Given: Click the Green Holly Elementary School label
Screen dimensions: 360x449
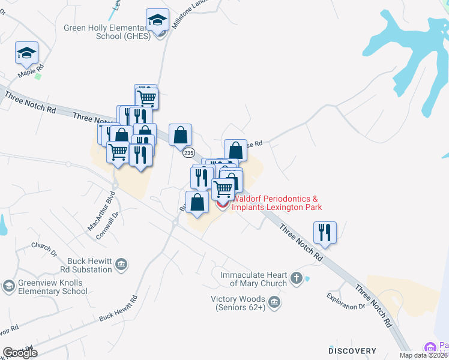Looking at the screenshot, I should click(x=106, y=31).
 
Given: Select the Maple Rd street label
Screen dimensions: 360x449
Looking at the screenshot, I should click(x=31, y=73).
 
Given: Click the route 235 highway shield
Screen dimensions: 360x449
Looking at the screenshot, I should click(x=188, y=153).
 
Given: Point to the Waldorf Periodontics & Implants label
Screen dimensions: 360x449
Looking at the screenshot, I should click(x=277, y=203).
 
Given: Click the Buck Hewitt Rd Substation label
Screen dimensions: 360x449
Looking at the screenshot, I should click(x=82, y=265).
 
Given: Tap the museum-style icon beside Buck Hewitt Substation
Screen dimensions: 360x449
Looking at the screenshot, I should click(x=121, y=264).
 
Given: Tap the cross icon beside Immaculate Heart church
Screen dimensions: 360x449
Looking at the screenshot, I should click(x=296, y=278).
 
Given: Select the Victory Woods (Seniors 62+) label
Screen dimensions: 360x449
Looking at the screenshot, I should click(x=238, y=303).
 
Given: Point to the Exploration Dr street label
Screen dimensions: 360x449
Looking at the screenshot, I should click(x=346, y=301).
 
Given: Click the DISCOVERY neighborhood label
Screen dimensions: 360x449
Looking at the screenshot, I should click(x=352, y=350).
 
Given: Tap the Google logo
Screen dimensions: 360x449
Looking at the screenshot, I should click(x=20, y=353).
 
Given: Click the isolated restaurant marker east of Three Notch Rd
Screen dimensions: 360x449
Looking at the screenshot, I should click(x=325, y=232).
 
